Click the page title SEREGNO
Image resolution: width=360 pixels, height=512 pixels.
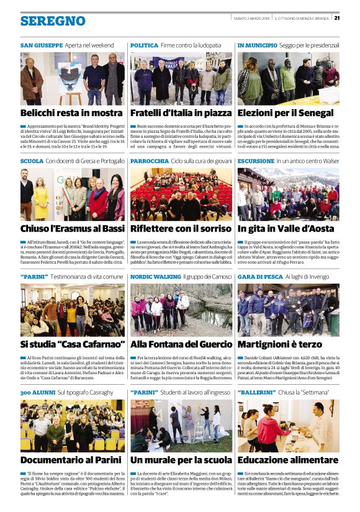[53, 20]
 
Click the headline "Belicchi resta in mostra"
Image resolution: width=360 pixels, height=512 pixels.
[71, 113]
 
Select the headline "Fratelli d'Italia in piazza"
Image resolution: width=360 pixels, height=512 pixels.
[181, 113]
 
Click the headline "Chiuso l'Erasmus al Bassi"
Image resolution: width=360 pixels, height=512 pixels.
[71, 228]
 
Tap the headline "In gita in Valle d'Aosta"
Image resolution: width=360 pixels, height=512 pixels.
[287, 228]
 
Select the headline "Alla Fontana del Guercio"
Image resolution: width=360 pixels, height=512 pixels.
[180, 343]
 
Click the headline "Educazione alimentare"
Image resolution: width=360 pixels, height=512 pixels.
[286, 459]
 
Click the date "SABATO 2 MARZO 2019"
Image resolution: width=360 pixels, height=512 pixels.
[251, 17]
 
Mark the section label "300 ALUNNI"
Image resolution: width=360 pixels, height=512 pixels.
[38, 392]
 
